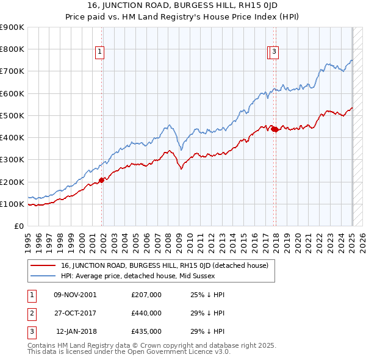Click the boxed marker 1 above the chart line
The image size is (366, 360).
(x=99, y=52)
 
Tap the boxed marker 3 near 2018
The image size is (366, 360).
(x=274, y=52)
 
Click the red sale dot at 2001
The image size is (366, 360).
(x=102, y=180)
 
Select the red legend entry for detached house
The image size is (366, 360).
(x=168, y=265)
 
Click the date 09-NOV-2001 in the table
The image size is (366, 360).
(x=76, y=295)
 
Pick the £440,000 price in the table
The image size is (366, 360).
(x=146, y=313)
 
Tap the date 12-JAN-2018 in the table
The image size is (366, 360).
(x=76, y=331)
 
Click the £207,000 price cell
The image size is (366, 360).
(x=146, y=295)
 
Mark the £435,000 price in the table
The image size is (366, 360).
(x=146, y=331)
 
